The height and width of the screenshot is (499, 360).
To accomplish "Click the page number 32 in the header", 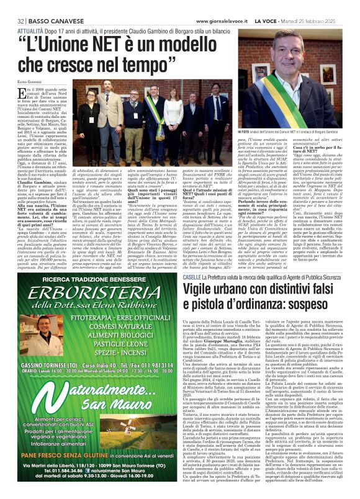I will [x=12, y=6].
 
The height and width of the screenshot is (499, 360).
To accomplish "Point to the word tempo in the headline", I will [x=142, y=63].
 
